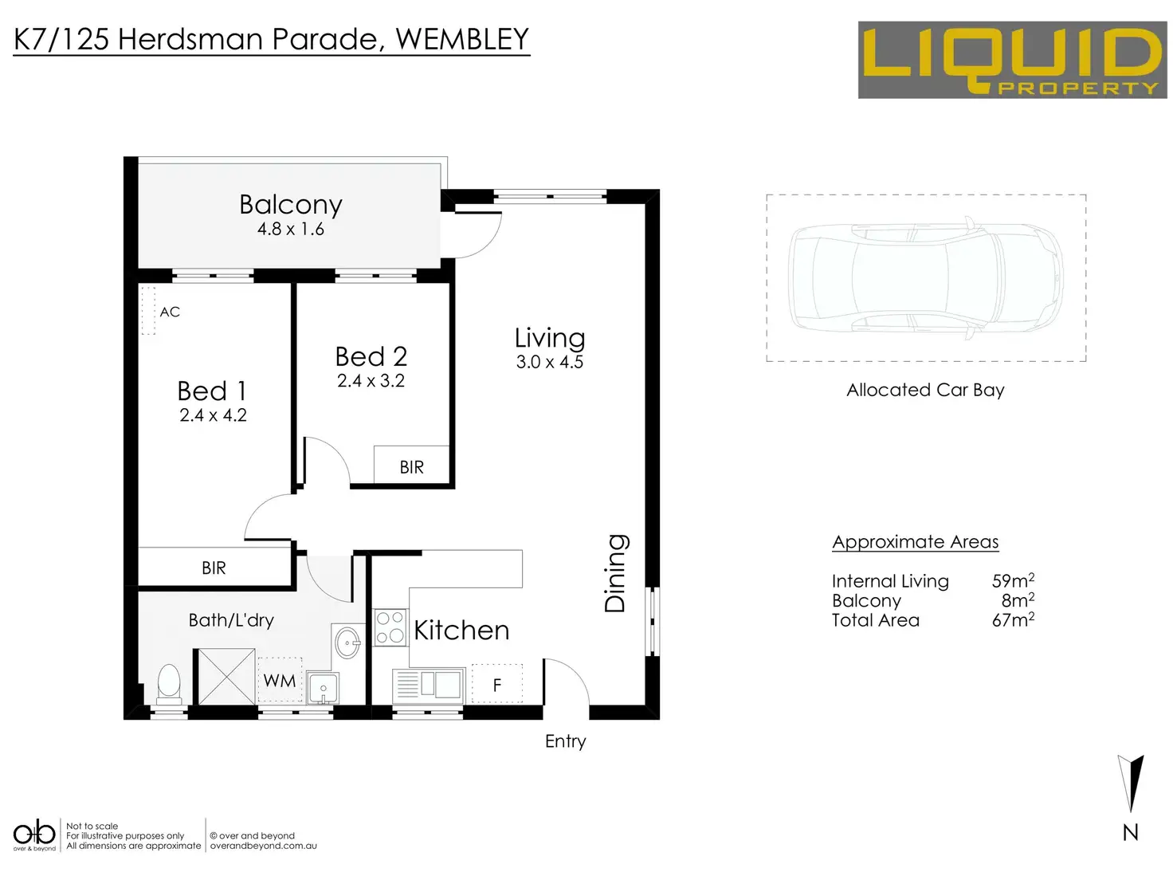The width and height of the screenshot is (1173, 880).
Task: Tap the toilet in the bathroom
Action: point(168,684)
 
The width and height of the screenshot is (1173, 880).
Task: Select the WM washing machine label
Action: point(280,681)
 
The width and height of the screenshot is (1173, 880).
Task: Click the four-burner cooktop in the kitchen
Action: point(390,627)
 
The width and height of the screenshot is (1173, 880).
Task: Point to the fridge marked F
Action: point(497,685)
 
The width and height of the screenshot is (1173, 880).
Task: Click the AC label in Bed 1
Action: point(170,312)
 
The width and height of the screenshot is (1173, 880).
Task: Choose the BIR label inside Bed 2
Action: point(411,467)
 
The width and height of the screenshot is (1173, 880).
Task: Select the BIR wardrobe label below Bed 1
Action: point(214,568)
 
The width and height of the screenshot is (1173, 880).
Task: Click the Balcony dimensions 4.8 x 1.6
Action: point(290,230)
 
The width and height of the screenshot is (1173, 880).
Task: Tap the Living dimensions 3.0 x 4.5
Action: point(550,362)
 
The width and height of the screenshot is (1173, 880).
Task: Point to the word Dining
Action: point(615,573)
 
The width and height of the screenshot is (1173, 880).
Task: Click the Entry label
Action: point(565,741)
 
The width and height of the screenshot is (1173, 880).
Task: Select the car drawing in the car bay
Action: point(925,278)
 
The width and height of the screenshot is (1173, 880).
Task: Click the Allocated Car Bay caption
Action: point(925,390)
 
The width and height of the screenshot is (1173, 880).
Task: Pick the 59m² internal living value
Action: point(1013,580)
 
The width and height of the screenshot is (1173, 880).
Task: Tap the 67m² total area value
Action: point(1013,619)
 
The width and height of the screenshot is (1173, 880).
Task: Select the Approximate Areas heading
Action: point(915,542)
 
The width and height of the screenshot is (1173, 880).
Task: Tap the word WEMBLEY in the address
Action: point(462,39)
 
